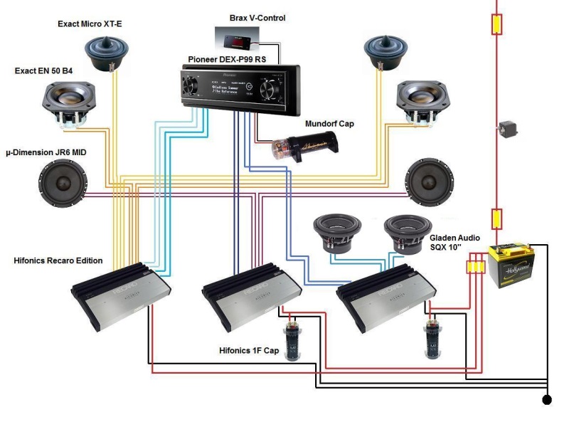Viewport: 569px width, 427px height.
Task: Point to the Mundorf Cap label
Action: coord(329,123)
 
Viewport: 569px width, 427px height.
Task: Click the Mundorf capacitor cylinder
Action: coord(304,146)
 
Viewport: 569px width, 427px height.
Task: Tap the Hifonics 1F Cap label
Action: coord(249,351)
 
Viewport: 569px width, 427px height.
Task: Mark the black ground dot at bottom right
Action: coord(547,400)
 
